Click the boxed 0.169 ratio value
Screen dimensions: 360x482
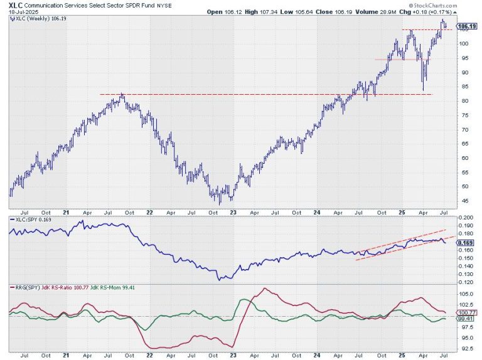[465, 243]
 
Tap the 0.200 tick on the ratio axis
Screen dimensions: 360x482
[464, 217]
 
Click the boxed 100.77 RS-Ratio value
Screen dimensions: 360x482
[465, 312]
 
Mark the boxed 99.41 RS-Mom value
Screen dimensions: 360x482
[465, 319]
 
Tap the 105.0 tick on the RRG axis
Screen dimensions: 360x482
[464, 293]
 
